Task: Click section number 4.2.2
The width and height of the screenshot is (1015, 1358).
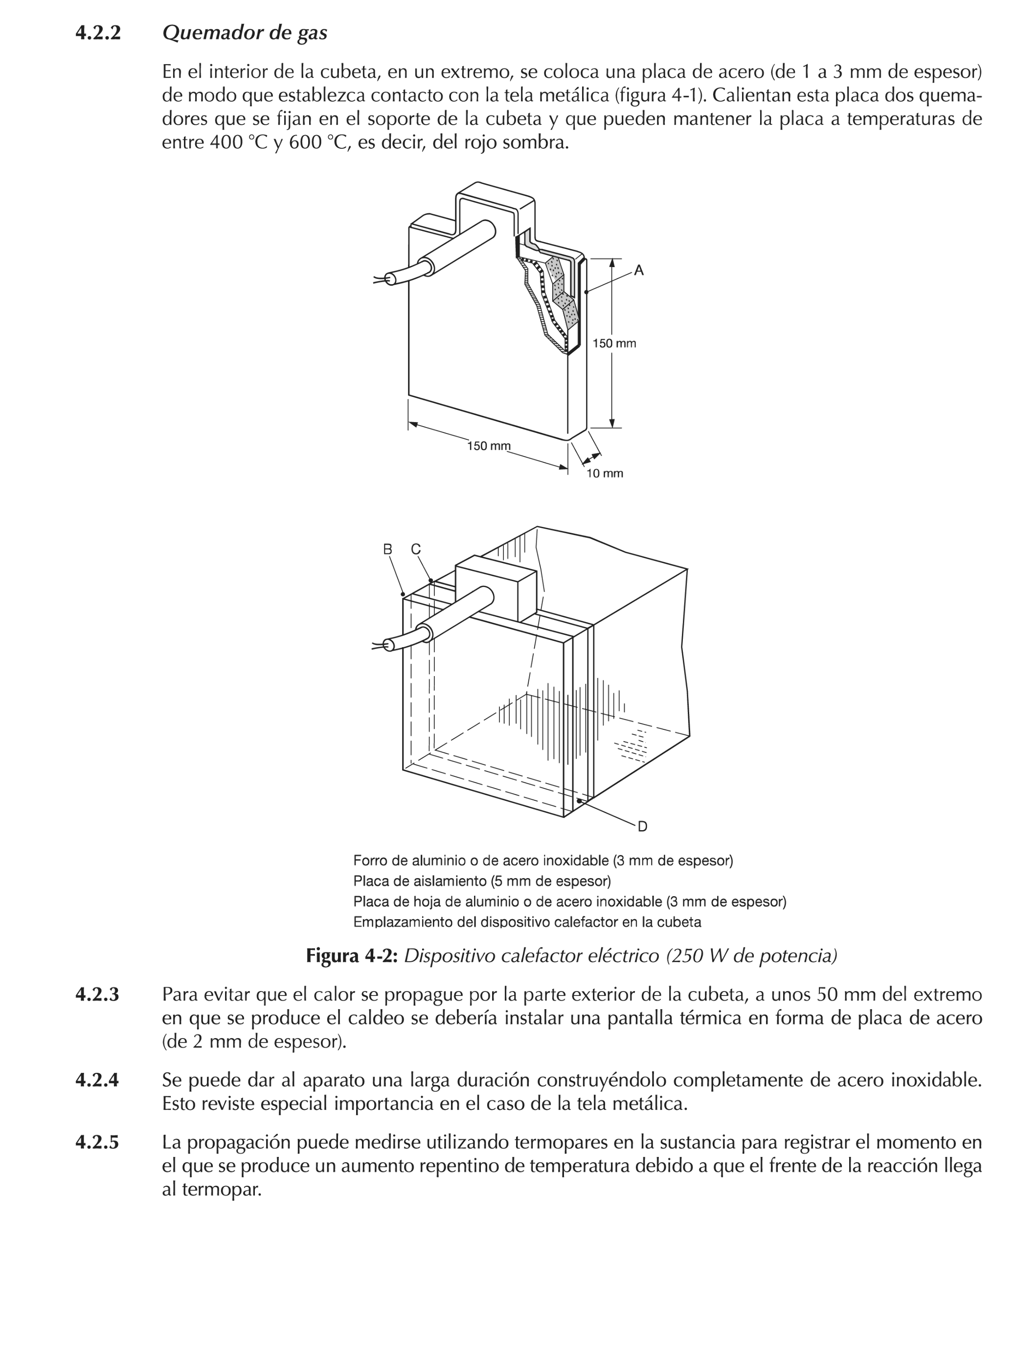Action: [x=98, y=33]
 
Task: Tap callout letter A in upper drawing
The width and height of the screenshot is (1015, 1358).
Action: [x=639, y=270]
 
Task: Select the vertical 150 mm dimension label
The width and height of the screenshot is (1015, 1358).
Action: [x=613, y=344]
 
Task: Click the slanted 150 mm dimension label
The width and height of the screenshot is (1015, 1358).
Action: [x=488, y=446]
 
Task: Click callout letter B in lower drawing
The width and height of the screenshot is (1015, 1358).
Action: [x=387, y=549]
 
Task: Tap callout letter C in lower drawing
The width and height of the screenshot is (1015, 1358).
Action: [x=416, y=549]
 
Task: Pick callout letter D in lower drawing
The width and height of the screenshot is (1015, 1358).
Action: [x=642, y=827]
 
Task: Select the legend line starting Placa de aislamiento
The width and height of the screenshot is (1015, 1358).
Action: [x=481, y=881]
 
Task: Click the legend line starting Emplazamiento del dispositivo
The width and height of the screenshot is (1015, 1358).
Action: [x=527, y=922]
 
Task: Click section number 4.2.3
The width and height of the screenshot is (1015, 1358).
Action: [x=97, y=995]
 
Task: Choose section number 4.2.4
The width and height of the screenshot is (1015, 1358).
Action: [x=97, y=1080]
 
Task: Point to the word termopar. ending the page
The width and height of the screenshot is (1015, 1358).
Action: [x=212, y=1190]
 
